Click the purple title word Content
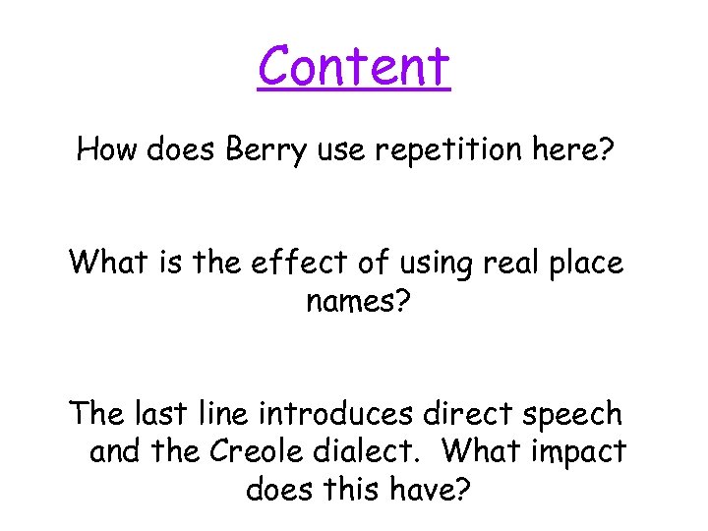click(354, 66)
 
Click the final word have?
click(430, 489)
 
